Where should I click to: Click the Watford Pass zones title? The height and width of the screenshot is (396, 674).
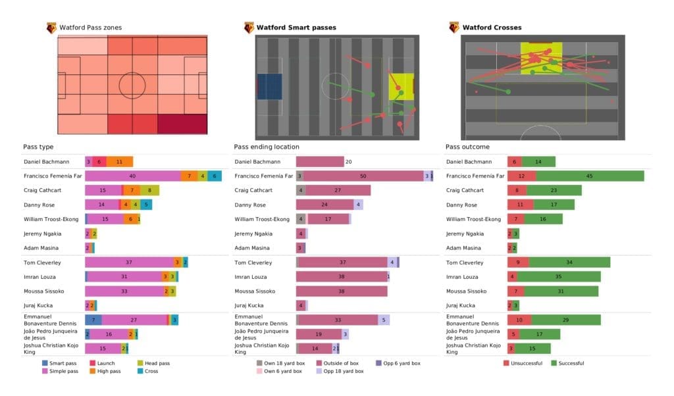pos(90,28)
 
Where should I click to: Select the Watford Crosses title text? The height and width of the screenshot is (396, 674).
pos(492,28)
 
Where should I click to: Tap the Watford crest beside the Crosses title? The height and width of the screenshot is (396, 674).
pos(454,28)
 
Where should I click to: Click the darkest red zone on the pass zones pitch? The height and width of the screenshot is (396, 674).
pos(182,124)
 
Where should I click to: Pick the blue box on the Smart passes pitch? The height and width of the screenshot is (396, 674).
pos(269,87)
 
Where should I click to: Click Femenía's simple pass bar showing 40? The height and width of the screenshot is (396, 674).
pos(132,176)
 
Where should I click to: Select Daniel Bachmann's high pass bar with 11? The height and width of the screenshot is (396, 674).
pos(119,161)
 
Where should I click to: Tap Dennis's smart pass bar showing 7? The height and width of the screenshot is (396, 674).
pos(93,320)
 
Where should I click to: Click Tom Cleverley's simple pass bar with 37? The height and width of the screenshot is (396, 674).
pos(129,262)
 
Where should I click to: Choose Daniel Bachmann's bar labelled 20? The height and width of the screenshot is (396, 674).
pos(320,161)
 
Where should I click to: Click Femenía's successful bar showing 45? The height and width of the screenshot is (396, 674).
pos(590,176)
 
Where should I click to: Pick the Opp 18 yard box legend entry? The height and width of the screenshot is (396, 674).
pos(340,371)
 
